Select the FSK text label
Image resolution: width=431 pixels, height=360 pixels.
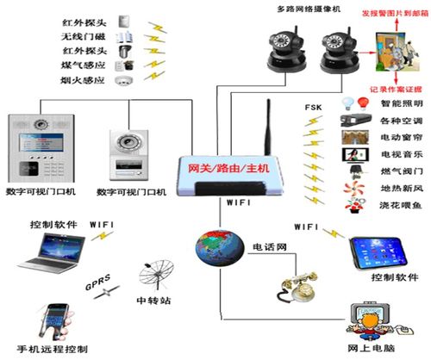[x=313, y=107]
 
